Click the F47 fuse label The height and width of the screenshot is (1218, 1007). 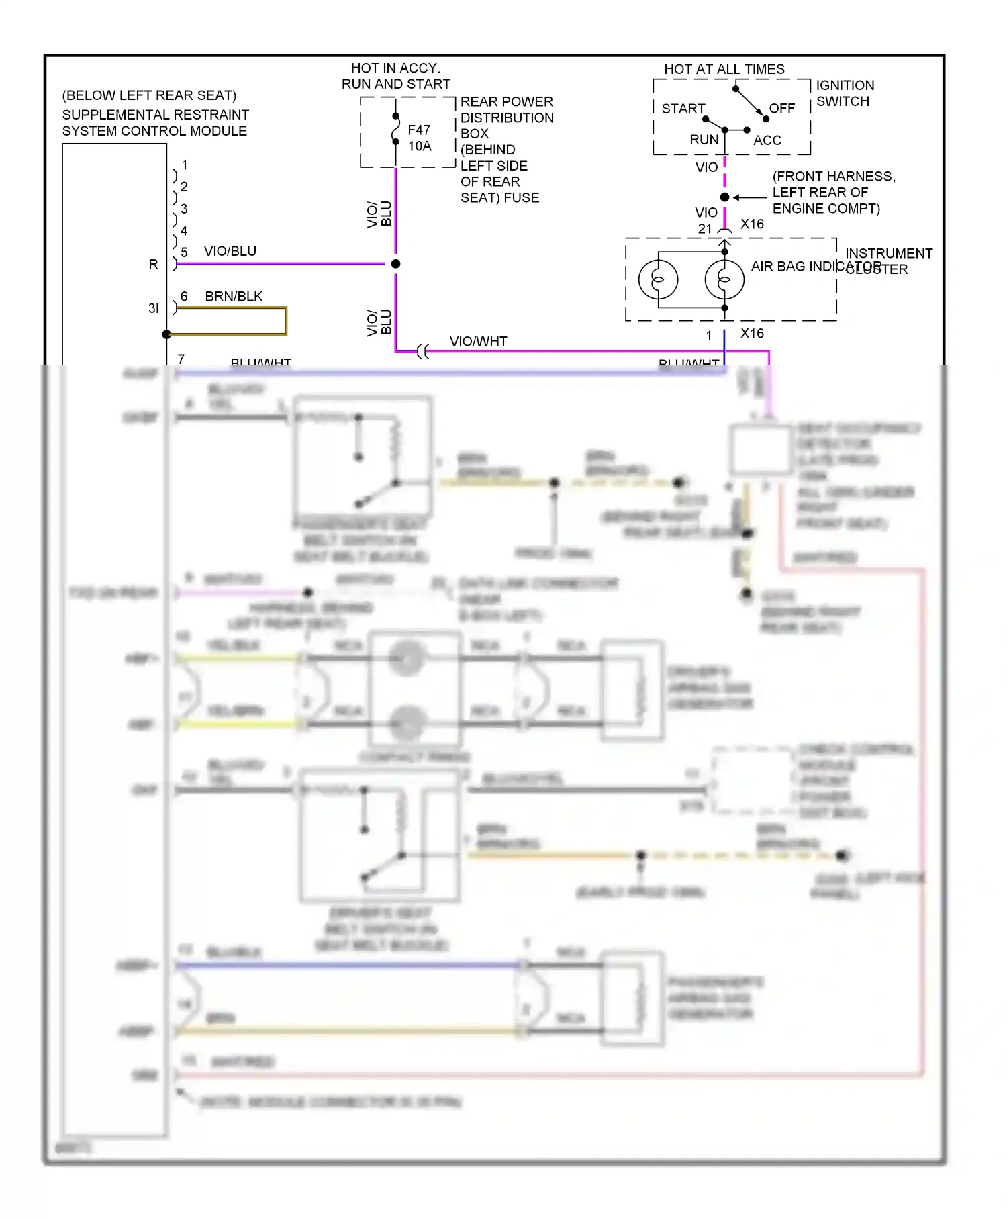click(x=418, y=130)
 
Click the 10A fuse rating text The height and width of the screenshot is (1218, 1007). click(x=420, y=146)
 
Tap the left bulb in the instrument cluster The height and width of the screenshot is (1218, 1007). click(x=658, y=279)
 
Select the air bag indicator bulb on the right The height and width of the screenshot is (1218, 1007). click(x=724, y=279)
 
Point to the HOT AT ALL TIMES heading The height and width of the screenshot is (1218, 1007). click(x=724, y=69)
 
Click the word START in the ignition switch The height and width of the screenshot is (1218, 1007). click(x=683, y=109)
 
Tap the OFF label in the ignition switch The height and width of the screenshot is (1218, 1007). click(x=781, y=108)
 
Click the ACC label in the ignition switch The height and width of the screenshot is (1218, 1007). click(x=767, y=140)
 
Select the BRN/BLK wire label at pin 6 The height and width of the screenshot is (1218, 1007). click(x=234, y=296)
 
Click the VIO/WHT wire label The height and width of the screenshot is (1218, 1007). click(x=478, y=341)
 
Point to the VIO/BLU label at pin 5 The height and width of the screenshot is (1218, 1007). click(x=230, y=251)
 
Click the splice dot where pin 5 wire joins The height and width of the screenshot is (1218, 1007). click(x=396, y=264)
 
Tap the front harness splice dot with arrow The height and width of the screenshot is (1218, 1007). click(x=724, y=197)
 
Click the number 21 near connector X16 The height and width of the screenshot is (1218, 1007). click(x=704, y=228)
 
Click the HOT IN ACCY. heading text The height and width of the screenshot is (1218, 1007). click(x=395, y=68)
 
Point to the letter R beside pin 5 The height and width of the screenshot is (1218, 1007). click(x=153, y=265)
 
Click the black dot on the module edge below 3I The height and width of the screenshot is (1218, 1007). click(x=166, y=334)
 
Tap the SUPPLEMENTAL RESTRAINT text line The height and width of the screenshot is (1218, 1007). click(x=155, y=115)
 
